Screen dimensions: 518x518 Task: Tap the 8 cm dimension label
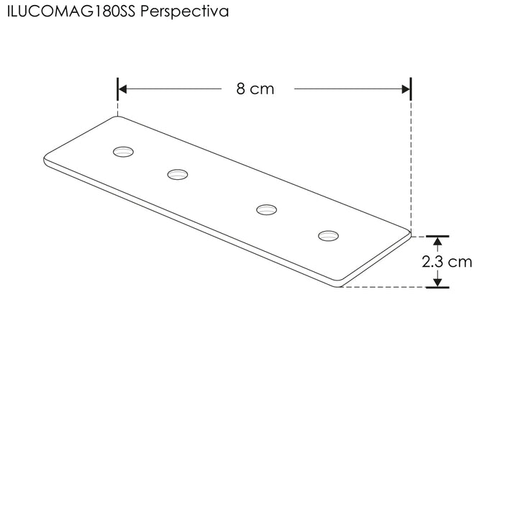255,89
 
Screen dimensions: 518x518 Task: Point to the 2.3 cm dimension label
447,262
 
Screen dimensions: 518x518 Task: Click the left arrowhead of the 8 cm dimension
123,89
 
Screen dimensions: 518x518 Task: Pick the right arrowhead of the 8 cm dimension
405,89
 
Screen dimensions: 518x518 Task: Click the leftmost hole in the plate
124,151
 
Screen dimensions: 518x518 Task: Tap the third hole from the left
267,209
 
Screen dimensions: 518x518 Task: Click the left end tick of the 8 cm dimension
117,89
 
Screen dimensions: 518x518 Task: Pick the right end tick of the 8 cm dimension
410,89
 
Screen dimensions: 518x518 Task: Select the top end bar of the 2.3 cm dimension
437,235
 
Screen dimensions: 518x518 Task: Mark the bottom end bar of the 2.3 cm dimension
437,287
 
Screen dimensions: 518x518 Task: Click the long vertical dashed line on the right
410,165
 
